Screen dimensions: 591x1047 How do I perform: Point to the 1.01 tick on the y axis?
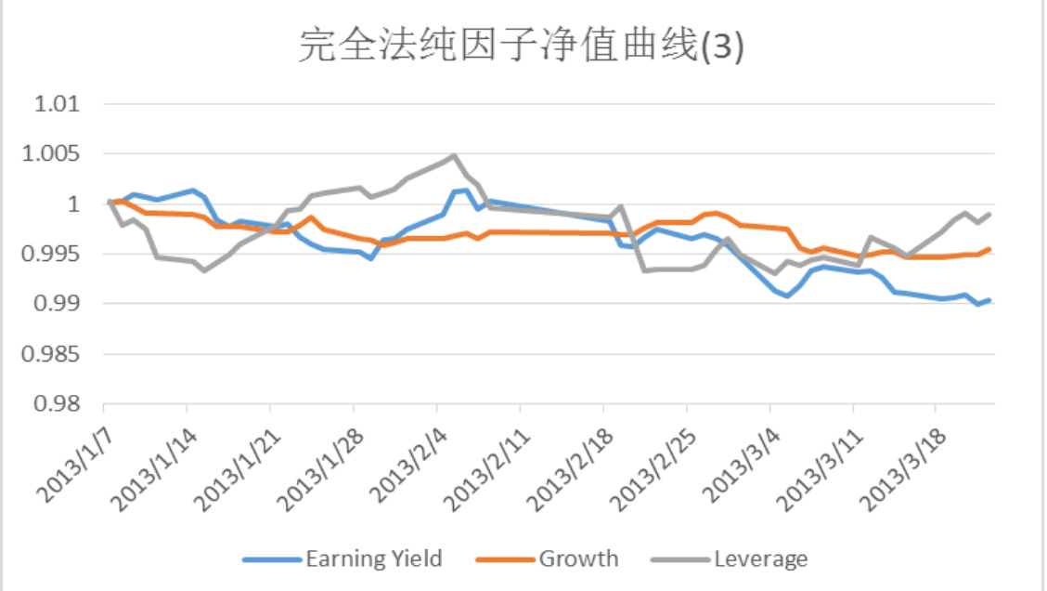pos(58,104)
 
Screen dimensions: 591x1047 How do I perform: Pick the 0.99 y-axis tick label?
pos(58,305)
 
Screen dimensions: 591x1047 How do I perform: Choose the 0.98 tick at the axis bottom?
pos(58,405)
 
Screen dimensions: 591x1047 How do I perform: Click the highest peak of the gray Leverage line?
pos(454,156)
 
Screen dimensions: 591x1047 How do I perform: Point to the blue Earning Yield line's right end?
pos(989,300)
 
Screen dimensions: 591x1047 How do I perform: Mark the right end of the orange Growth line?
pos(989,249)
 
